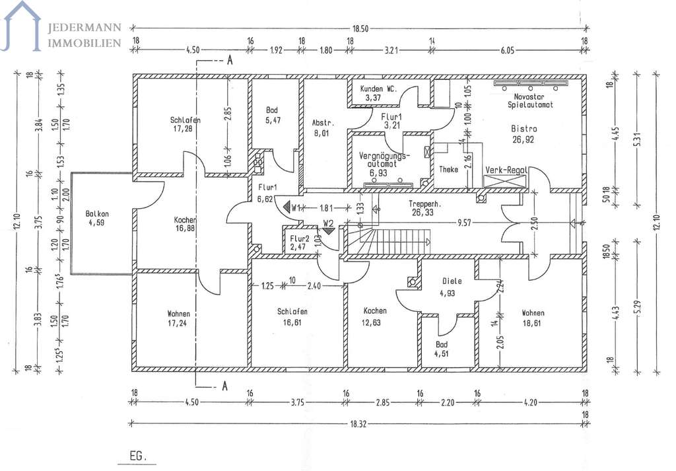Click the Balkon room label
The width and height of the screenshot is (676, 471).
point(97,213)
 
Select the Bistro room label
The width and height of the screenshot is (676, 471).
point(524,129)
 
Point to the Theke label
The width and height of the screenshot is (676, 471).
point(448,170)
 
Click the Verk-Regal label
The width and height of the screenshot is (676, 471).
point(506,170)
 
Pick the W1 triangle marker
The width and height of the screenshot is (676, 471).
point(287,207)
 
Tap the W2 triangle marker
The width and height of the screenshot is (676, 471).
point(329,231)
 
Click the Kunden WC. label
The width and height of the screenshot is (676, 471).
point(378,89)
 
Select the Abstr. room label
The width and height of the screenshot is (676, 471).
point(323,123)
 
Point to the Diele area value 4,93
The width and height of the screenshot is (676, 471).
point(447,293)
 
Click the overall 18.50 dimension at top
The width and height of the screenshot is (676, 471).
point(360,29)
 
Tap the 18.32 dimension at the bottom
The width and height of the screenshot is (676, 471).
point(358,424)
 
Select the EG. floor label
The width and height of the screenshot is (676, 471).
point(138,456)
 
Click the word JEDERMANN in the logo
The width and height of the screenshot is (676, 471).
point(84,28)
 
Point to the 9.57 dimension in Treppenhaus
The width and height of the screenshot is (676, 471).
point(464,224)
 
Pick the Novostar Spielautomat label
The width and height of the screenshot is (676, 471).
point(530,101)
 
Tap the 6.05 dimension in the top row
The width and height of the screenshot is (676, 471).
point(508,50)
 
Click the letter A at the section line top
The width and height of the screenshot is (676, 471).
point(230,60)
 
